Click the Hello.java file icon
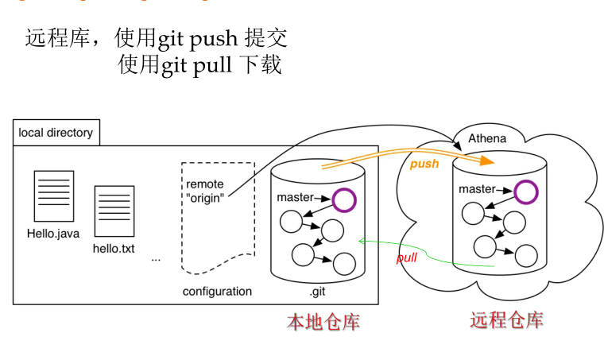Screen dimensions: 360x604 tap(53, 195)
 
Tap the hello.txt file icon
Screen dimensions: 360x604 tap(114, 211)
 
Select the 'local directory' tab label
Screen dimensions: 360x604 tap(56, 133)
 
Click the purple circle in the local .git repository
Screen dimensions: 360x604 tap(344, 200)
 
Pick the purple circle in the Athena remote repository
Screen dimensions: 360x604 tap(525, 192)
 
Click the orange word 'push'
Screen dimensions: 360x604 tap(424, 164)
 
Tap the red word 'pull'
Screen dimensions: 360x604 tap(406, 257)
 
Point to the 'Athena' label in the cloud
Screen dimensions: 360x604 tap(486, 138)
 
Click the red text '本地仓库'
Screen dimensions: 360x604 tap(323, 322)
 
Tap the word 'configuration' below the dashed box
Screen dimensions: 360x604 tap(217, 291)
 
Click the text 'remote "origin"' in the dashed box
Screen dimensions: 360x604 tap(205, 190)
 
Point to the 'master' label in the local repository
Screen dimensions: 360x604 tap(295, 197)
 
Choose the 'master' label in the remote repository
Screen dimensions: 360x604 tap(477, 189)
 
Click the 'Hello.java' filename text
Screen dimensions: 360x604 tap(53, 234)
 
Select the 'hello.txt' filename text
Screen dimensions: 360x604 tap(114, 248)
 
